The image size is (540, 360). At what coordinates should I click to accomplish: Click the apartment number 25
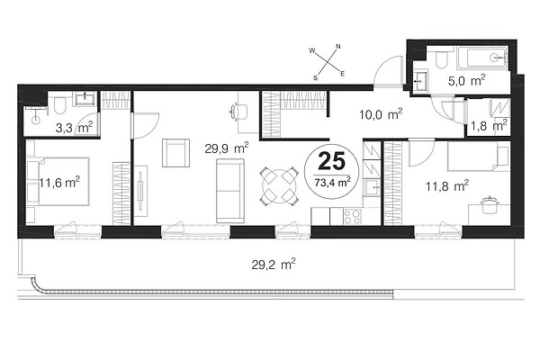(x=331, y=161)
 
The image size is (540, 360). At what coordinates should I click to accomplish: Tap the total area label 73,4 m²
(x=332, y=182)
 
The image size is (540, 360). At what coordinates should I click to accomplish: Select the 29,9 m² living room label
(x=227, y=148)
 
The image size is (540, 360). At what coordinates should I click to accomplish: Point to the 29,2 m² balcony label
(x=274, y=265)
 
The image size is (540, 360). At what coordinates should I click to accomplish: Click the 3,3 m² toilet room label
(x=74, y=128)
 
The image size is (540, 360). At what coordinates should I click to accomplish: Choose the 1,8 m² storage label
(x=489, y=125)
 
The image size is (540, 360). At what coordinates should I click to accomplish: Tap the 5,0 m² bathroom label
(x=466, y=81)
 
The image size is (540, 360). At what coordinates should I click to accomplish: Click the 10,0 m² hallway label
(x=381, y=114)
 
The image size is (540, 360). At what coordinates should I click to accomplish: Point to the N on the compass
(x=338, y=46)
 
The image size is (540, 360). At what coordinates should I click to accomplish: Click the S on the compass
(x=315, y=77)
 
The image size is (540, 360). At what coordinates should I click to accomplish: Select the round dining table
(x=279, y=186)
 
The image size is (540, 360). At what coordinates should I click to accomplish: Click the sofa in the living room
(x=230, y=191)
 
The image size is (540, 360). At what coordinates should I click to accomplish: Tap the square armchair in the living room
(x=175, y=153)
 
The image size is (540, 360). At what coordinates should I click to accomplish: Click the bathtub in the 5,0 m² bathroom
(x=482, y=58)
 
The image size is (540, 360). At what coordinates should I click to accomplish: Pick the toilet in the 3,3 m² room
(x=59, y=105)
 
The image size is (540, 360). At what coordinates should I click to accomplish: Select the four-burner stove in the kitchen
(x=352, y=217)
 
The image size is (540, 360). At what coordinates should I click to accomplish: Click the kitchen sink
(x=372, y=187)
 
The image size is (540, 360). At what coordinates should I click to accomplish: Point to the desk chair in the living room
(x=238, y=112)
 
